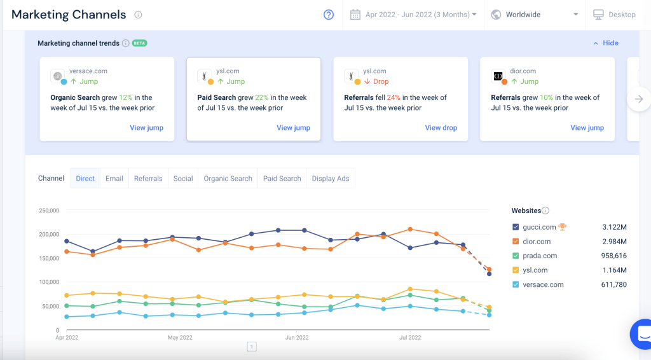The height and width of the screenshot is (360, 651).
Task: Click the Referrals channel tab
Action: [148, 179]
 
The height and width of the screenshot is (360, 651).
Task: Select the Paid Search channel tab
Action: [282, 179]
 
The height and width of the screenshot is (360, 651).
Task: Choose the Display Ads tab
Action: [331, 179]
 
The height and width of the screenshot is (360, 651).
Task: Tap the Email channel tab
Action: [114, 179]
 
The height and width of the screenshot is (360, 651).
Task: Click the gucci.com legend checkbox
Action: [516, 227]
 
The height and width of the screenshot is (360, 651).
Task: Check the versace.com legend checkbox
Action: [516, 285]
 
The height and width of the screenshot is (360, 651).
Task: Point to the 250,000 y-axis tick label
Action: [49, 211]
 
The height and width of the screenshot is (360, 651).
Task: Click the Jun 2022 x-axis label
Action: [297, 338]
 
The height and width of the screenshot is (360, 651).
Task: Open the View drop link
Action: [441, 128]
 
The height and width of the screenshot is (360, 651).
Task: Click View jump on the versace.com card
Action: [146, 128]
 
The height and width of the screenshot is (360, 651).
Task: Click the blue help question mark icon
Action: [329, 15]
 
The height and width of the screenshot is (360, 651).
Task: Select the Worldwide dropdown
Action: [535, 15]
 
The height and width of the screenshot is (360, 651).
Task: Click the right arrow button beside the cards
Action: [639, 99]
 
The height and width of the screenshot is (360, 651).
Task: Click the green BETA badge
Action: [140, 43]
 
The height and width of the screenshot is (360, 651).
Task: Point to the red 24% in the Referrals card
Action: [394, 98]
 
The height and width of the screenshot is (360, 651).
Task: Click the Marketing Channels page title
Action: [69, 15]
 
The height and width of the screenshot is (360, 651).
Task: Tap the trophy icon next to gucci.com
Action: [563, 226]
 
